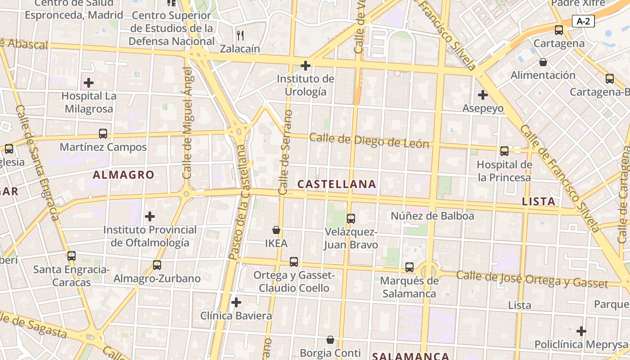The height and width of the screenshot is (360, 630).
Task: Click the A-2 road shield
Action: (584, 21)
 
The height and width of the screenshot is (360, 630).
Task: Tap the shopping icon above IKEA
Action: (276, 230)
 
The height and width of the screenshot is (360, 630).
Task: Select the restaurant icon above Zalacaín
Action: (240, 35)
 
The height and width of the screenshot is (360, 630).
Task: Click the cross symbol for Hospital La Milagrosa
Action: (89, 83)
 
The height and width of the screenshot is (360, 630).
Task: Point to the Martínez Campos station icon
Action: (103, 134)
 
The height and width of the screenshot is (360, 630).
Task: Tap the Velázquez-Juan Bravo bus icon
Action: (351, 219)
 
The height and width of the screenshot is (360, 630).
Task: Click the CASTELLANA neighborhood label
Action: (337, 184)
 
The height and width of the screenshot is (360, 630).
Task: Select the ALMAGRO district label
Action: (123, 175)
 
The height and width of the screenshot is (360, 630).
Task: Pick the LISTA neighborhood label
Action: (538, 202)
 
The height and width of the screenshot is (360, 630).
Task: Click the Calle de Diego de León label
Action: (369, 141)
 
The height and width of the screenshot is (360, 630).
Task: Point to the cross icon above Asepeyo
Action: (483, 95)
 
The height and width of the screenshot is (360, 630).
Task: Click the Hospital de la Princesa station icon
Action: (504, 151)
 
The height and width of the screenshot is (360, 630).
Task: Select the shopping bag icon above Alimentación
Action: (543, 62)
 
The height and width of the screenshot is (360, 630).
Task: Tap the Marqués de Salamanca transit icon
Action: (409, 267)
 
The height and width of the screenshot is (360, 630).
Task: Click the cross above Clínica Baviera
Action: (236, 302)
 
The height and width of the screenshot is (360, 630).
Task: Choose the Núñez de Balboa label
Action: (432, 216)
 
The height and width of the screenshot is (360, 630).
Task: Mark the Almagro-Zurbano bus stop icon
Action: (157, 265)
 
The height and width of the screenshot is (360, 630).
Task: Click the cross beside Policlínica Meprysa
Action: (581, 331)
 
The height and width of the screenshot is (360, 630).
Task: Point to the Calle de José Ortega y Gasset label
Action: (538, 279)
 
